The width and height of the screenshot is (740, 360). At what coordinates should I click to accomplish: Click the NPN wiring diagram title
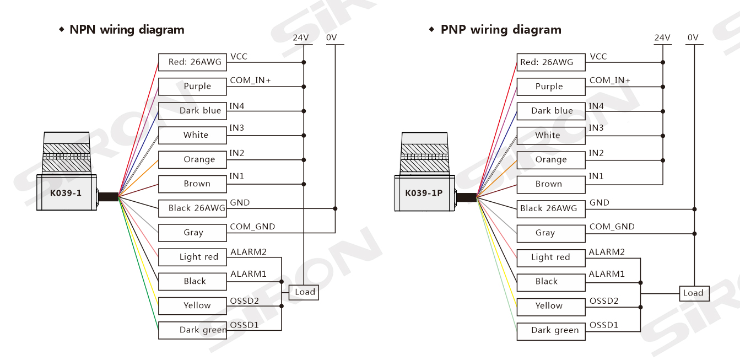127,30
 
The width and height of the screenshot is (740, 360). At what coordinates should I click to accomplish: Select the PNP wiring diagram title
501,30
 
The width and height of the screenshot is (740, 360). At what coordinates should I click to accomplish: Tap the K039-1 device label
66,193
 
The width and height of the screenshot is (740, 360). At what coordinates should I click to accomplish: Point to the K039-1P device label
424,193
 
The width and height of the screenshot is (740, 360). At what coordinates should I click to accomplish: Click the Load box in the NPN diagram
304,292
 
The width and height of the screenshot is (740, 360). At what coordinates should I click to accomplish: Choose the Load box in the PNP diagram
693,293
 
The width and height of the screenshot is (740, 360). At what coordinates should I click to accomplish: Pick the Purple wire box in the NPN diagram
192,87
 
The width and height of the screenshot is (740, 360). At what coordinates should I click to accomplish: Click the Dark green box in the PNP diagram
550,331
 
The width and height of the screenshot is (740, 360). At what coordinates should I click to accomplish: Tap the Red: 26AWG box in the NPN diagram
192,62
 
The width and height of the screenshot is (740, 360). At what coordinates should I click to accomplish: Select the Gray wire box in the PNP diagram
550,233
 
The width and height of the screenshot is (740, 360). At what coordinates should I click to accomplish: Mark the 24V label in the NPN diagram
301,37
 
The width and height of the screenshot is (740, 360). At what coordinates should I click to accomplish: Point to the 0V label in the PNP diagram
693,37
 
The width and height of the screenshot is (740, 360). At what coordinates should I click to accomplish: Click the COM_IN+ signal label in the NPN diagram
250,80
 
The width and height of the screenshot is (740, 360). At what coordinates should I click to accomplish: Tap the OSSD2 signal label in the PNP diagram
604,301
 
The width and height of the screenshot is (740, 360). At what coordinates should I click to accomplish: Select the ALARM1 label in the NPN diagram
248,274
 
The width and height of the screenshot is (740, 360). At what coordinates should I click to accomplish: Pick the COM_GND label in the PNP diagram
612,227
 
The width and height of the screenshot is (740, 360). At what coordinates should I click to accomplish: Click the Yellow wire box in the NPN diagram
192,305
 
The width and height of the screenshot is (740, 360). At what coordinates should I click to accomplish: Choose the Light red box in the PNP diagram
550,257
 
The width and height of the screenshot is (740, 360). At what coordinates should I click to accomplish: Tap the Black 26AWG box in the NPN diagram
192,208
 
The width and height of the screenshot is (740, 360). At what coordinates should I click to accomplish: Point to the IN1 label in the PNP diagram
596,176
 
